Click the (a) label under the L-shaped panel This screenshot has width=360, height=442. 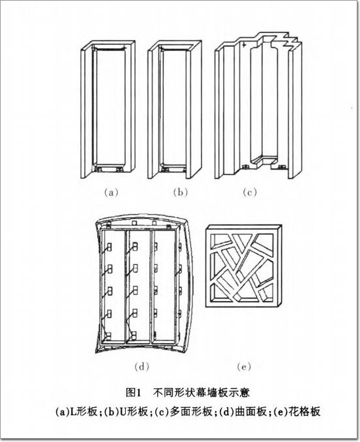tap(111, 192)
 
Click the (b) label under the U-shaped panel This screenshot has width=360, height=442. tap(180, 192)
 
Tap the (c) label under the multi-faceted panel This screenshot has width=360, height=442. tap(249, 192)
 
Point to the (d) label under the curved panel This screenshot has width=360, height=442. tap(141, 366)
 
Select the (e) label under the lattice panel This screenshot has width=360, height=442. tap(244, 366)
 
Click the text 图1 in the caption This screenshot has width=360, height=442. tap(133, 392)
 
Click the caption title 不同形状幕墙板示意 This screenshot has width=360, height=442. tap(201, 392)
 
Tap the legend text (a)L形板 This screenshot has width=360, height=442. tap(76, 412)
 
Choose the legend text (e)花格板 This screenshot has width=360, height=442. tap(297, 412)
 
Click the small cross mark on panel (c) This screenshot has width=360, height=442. tap(244, 45)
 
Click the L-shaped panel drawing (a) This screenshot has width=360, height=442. tap(108, 109)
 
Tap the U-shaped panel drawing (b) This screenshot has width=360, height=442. tap(174, 109)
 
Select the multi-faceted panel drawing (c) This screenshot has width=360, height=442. tap(258, 105)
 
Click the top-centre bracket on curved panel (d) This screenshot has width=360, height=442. tap(134, 223)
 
